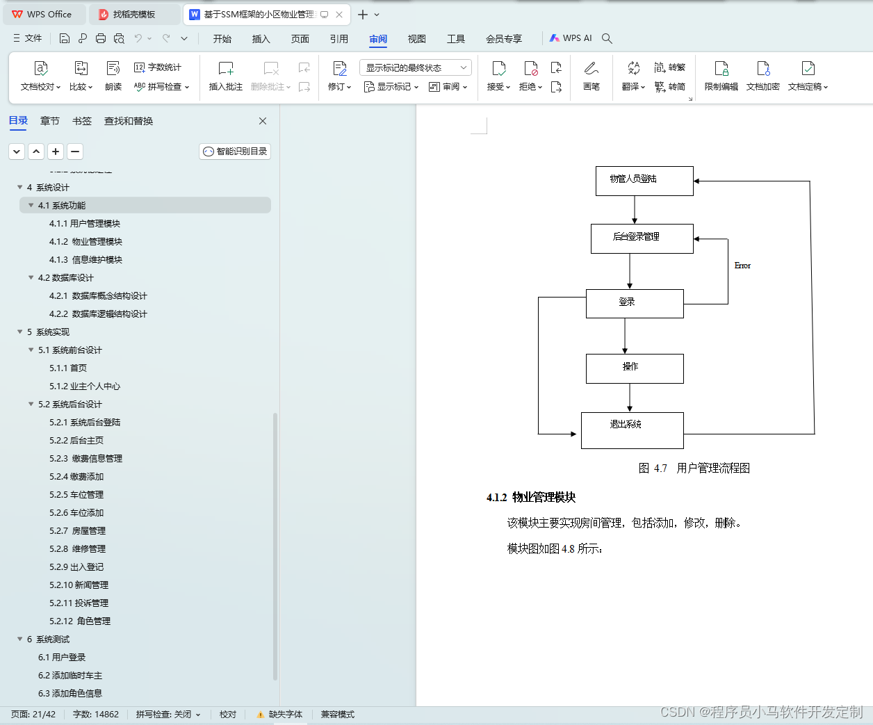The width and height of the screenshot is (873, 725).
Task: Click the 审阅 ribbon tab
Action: [378, 39]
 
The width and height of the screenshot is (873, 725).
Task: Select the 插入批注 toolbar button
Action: [226, 76]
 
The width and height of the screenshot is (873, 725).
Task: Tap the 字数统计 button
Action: [158, 67]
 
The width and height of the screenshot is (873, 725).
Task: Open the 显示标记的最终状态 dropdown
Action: [416, 67]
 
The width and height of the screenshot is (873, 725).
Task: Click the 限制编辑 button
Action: [721, 76]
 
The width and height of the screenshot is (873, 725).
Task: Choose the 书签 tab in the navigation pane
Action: [82, 121]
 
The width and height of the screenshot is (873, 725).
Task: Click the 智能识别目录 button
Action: [235, 152]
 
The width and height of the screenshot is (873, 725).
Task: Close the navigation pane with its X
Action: [263, 121]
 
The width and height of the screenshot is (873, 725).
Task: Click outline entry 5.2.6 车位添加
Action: [76, 513]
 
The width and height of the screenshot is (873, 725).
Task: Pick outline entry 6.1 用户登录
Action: [62, 658]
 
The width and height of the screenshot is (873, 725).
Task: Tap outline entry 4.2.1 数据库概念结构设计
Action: [98, 296]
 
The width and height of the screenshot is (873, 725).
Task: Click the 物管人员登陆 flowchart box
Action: [644, 181]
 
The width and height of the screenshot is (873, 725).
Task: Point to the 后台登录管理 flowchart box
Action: [642, 238]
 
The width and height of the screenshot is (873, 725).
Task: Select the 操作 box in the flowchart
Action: [635, 368]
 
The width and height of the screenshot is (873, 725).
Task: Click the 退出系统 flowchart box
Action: [632, 430]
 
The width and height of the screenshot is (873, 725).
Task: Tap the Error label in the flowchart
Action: [742, 266]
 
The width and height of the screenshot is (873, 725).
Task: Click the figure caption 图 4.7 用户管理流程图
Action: [694, 469]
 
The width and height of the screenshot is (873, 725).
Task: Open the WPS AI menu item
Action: [571, 38]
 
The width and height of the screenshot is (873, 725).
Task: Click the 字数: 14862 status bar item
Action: [96, 715]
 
